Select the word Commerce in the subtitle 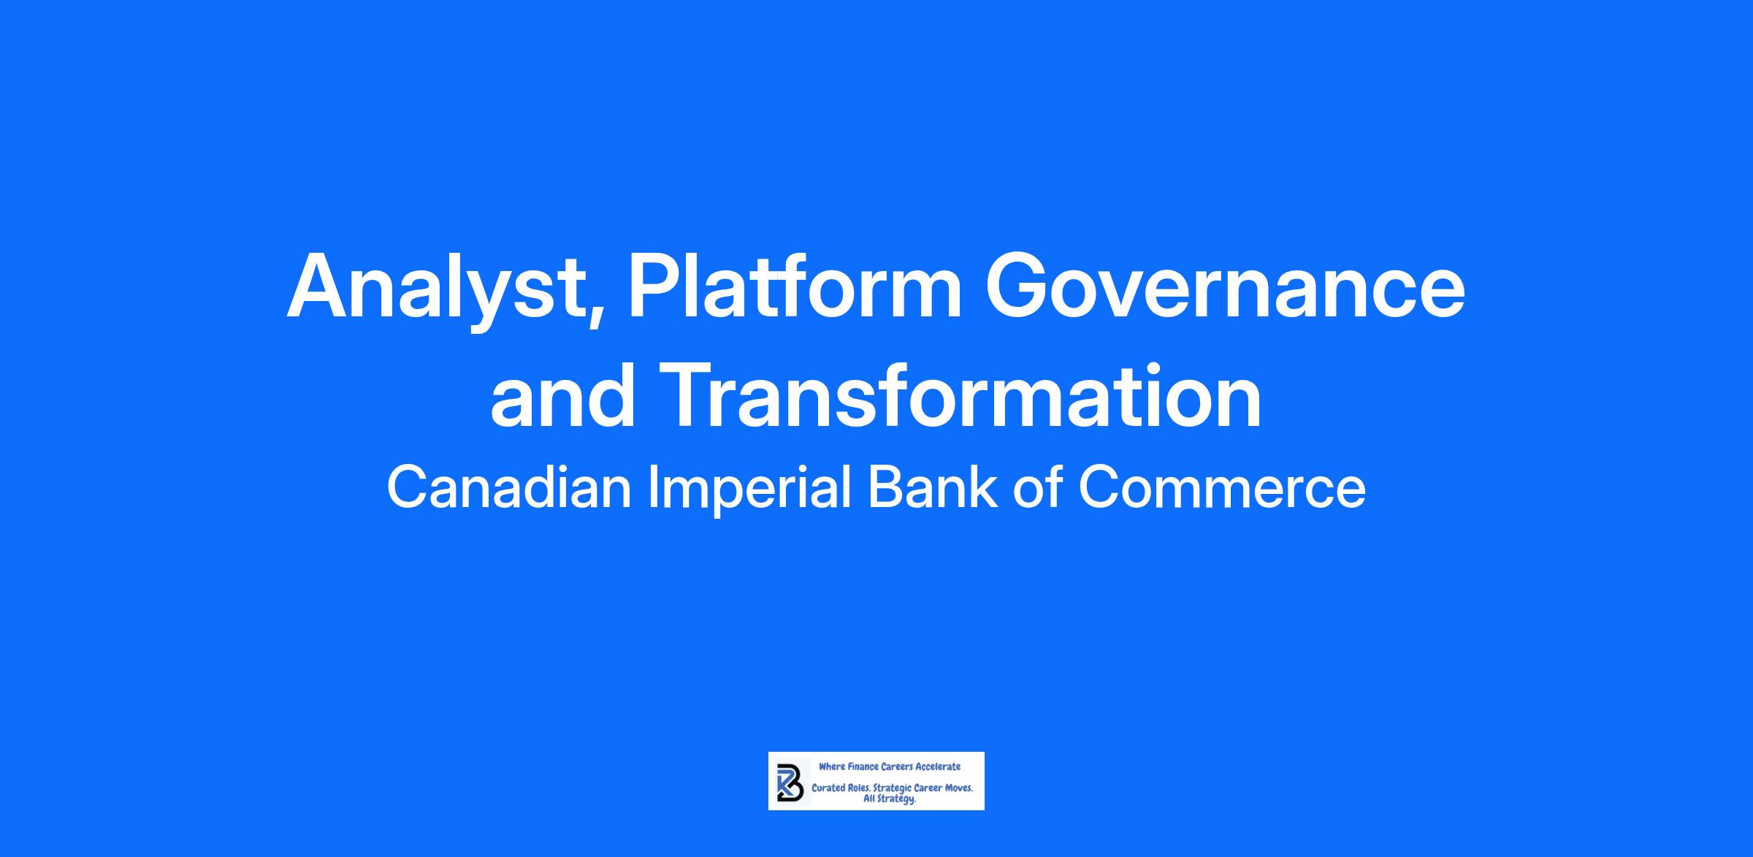pos(1221,487)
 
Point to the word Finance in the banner pos(863,766)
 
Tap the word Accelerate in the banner pos(938,766)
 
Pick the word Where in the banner pos(832,766)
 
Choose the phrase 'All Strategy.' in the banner pos(890,800)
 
